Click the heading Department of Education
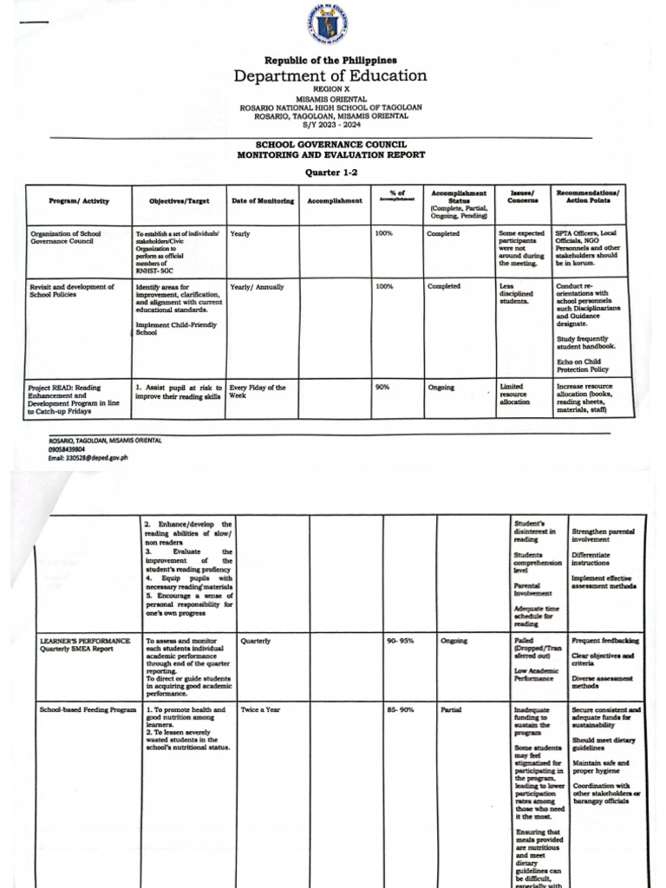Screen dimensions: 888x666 point(330,75)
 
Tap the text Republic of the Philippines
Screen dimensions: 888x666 point(330,60)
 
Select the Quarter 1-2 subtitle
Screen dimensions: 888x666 point(330,172)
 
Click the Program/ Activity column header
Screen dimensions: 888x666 point(79,201)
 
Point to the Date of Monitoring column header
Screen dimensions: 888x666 point(263,201)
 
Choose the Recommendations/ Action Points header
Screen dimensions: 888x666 point(589,196)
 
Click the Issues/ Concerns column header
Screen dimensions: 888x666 point(522,196)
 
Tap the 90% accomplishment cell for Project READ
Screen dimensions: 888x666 point(382,388)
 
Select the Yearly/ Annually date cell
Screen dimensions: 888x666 point(258,287)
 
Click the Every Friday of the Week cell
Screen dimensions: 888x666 point(258,391)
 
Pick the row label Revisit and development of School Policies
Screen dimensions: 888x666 point(72,291)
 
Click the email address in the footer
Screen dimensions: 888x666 point(88,458)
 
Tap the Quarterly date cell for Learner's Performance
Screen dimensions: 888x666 point(256,641)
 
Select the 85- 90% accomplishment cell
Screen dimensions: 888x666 point(401,710)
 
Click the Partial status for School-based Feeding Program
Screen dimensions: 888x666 point(451,710)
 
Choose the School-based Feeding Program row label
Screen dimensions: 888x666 point(88,710)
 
